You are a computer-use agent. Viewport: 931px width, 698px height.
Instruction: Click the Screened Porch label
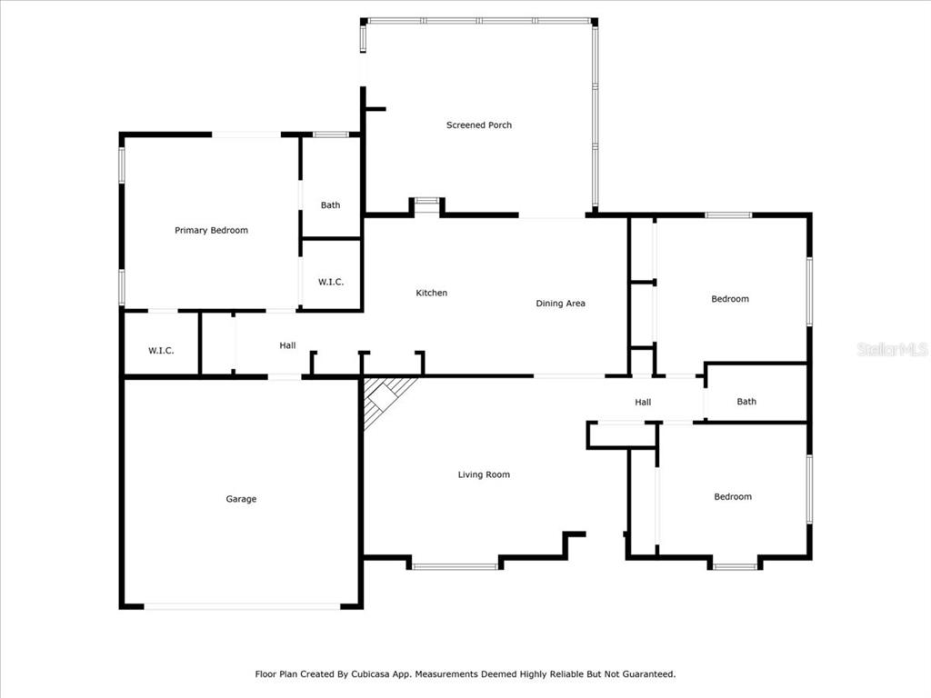pos(478,125)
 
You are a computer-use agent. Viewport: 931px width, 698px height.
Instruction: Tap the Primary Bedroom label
pos(211,230)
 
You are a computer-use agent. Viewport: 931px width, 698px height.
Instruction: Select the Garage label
pos(241,499)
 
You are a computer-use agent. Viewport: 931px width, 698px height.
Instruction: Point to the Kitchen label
pos(432,293)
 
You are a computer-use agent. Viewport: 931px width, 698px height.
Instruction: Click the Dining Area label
pos(560,304)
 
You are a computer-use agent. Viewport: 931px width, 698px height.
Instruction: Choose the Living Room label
pos(484,474)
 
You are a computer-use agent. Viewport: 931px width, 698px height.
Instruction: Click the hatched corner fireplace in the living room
pos(385,400)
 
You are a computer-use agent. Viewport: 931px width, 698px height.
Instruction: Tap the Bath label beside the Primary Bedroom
pos(331,205)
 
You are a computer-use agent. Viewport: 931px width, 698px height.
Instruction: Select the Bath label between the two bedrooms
pos(746,402)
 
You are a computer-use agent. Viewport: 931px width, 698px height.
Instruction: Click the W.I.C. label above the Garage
pos(161,351)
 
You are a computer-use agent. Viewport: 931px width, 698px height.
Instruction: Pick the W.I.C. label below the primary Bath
pos(331,282)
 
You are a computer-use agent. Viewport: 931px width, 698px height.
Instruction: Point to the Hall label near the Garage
pos(287,345)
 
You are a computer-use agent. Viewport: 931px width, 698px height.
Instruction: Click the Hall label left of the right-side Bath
pos(643,403)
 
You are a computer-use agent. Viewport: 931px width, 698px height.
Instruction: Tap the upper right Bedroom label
pos(730,299)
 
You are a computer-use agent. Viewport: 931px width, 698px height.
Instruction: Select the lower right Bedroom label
pos(733,497)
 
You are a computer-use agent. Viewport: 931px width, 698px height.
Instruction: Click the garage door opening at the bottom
pos(242,606)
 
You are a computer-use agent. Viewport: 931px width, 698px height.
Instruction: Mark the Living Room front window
pos(455,567)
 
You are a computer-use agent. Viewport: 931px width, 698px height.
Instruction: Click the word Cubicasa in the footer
pos(370,674)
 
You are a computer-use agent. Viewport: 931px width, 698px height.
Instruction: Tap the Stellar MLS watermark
pos(893,349)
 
